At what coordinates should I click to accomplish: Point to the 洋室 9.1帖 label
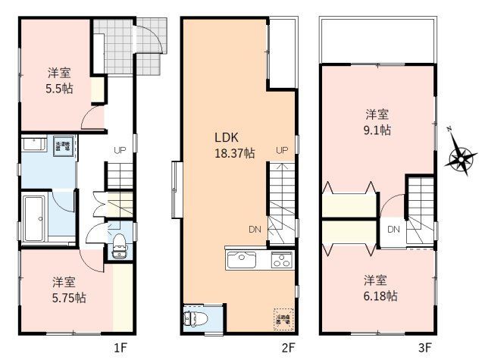click(377, 122)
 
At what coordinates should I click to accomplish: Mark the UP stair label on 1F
click(120, 150)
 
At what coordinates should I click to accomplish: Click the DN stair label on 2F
click(255, 229)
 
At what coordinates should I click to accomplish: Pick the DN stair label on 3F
click(393, 229)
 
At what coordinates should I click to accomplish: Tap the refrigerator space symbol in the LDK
click(281, 318)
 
